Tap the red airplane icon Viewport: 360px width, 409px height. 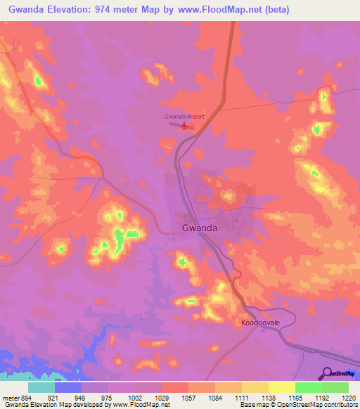tap(184, 126)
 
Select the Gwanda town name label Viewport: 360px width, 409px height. tap(199, 228)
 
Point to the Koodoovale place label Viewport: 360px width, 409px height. tap(261, 322)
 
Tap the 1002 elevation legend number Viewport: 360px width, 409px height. tap(135, 398)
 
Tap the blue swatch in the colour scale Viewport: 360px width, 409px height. tap(68, 387)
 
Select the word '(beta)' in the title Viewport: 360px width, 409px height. tap(275, 10)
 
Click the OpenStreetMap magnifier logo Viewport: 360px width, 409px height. tap(328, 373)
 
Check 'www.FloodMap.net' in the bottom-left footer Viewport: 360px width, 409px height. tap(140, 405)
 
